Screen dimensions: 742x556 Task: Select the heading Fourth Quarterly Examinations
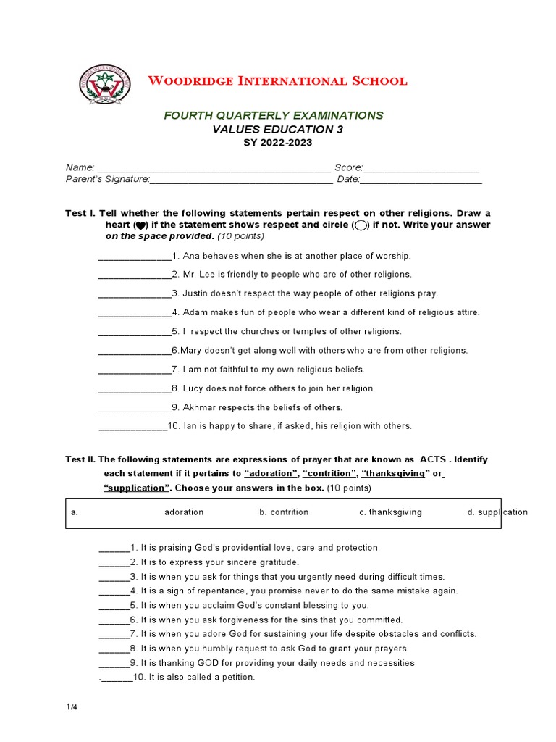tap(273, 115)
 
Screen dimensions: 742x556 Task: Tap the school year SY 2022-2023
tap(277, 143)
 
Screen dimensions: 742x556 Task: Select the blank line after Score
tap(421, 169)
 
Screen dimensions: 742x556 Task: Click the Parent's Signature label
tap(108, 179)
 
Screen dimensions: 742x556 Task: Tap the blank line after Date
tap(421, 180)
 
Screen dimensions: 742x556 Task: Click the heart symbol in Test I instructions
tap(140, 225)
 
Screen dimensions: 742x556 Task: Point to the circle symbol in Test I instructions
tap(361, 225)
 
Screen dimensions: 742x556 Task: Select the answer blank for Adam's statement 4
tap(134, 314)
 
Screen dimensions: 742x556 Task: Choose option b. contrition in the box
tap(284, 512)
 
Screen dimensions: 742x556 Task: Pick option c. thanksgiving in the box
tap(390, 512)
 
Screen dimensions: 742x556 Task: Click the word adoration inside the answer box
tap(184, 512)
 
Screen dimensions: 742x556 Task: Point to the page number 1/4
tap(71, 707)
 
